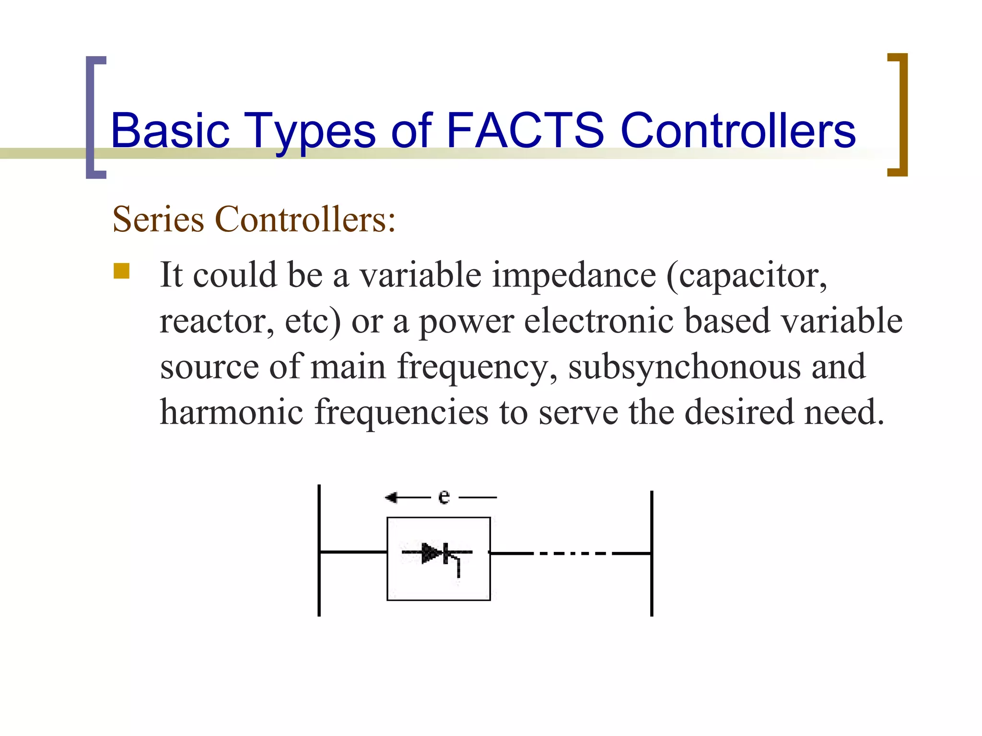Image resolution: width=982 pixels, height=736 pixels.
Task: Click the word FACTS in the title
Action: tap(525, 130)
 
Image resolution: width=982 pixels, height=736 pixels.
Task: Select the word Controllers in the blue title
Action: tap(738, 130)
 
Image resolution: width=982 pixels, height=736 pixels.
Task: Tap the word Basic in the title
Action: tap(170, 130)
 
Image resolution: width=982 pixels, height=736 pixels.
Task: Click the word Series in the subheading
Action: tap(158, 219)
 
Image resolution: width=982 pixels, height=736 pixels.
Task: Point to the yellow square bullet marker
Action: tap(122, 271)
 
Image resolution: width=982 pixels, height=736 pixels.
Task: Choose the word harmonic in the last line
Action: tap(231, 412)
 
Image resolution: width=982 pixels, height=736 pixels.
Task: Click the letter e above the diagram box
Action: tap(444, 497)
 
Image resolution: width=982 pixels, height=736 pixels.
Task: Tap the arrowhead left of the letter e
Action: tap(391, 498)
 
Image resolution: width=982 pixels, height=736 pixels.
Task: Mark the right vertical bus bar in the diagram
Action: tap(652, 553)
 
